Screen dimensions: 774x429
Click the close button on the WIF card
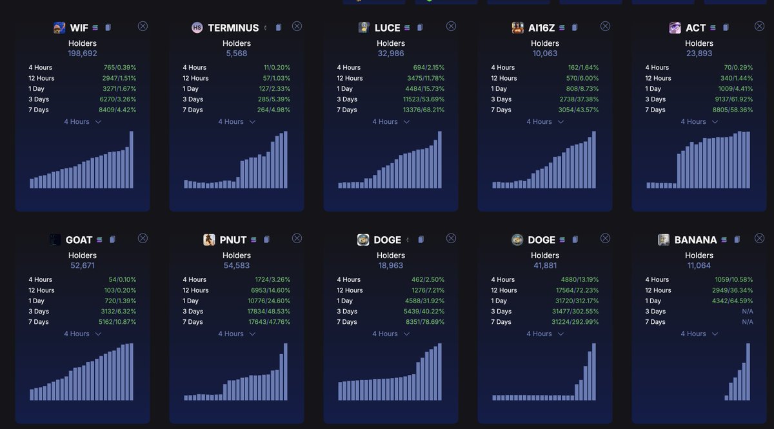(143, 26)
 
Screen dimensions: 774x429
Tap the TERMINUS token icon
(197, 27)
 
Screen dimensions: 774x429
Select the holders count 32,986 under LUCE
(390, 54)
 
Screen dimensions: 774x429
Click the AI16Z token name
(541, 28)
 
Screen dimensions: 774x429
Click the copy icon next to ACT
(726, 27)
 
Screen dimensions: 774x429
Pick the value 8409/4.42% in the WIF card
(117, 110)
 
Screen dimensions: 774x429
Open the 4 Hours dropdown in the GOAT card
(83, 334)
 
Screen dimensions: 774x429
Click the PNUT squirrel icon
(209, 239)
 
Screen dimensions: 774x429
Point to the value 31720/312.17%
(577, 301)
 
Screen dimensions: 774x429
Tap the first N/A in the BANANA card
(748, 312)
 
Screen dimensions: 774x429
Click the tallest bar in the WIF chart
(132, 160)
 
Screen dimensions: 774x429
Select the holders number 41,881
(545, 266)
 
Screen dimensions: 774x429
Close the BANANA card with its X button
(760, 238)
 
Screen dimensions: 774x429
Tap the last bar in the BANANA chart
(748, 372)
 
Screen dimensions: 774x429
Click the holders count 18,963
(390, 266)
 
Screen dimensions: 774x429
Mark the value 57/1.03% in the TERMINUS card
(277, 78)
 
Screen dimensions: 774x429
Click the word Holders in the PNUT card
(236, 255)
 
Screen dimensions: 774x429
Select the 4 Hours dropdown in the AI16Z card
(545, 122)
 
